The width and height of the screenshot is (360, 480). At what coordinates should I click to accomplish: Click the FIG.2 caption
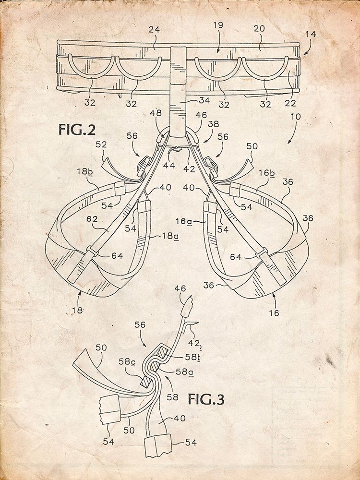click(x=77, y=130)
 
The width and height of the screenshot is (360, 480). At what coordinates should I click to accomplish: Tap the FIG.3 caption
click(x=206, y=399)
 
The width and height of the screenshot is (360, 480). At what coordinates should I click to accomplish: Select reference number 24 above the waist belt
click(x=155, y=30)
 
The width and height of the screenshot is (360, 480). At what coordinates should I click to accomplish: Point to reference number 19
click(x=218, y=24)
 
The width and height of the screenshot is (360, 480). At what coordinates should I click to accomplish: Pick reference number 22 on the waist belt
click(x=290, y=104)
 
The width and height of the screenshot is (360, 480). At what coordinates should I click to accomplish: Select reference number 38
click(x=214, y=123)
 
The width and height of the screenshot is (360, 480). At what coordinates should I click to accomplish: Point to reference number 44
click(x=168, y=166)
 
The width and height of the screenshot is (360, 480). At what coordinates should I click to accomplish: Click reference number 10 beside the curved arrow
click(x=296, y=117)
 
